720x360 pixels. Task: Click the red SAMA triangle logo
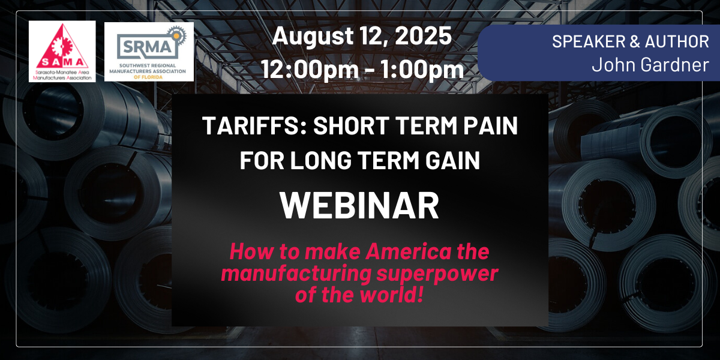(62, 52)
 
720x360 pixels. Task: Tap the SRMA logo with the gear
(149, 52)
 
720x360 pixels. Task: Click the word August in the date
(313, 36)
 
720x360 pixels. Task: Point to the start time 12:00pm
(310, 70)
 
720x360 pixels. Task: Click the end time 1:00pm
(422, 70)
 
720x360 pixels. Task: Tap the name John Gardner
(650, 65)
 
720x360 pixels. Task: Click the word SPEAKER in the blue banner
(589, 41)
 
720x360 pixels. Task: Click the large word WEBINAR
(359, 205)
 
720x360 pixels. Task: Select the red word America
(408, 251)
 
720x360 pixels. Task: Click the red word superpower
(437, 274)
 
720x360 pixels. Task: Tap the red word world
(391, 295)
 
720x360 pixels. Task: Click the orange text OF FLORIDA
(148, 77)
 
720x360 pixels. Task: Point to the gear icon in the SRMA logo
(176, 35)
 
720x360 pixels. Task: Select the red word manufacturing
(296, 274)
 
